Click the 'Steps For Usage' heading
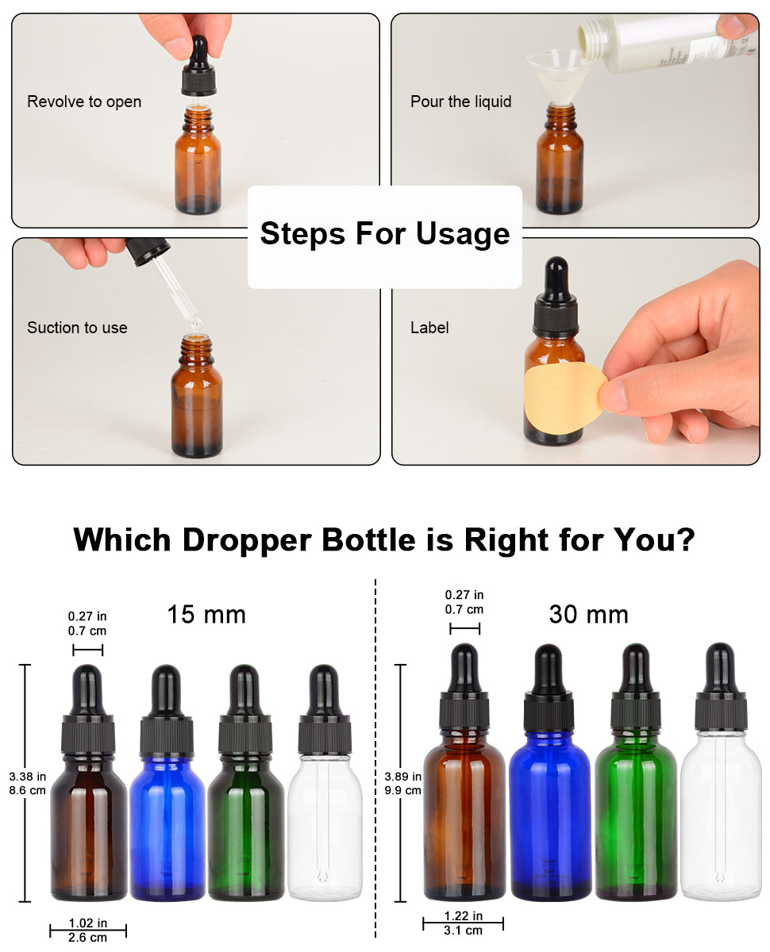[384, 234]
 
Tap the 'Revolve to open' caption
[84, 102]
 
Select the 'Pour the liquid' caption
[460, 102]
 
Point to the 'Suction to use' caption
[77, 328]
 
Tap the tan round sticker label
[564, 397]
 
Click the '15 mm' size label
[206, 614]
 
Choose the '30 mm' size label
[588, 614]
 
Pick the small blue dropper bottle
[167, 782]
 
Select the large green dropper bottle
[635, 772]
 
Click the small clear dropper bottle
[325, 782]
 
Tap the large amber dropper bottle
[464, 772]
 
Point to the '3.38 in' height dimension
[27, 777]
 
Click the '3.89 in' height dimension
[402, 777]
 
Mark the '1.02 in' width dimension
[87, 923]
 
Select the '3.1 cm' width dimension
[463, 930]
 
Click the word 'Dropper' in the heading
[247, 540]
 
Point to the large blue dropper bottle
[549, 772]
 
